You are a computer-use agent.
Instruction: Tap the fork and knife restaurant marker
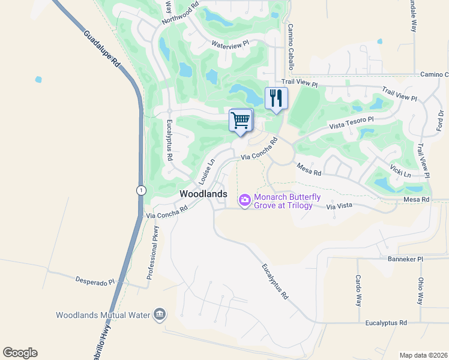tap(276, 98)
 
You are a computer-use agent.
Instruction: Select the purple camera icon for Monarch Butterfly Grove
tap(245, 200)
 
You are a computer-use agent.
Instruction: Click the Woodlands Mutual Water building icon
tap(160, 314)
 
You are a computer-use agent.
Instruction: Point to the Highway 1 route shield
tap(139, 190)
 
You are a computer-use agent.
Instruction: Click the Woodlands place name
tap(203, 194)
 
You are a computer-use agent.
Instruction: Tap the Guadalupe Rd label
tap(102, 52)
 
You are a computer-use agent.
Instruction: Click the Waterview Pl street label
tap(230, 44)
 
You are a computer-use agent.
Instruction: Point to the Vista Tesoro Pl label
tap(351, 122)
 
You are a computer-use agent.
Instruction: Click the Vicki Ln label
tap(400, 171)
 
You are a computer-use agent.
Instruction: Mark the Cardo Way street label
tap(358, 290)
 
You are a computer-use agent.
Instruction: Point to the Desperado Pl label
tap(95, 280)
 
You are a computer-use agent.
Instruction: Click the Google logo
tap(20, 353)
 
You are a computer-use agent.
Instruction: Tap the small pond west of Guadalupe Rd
tap(39, 79)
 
